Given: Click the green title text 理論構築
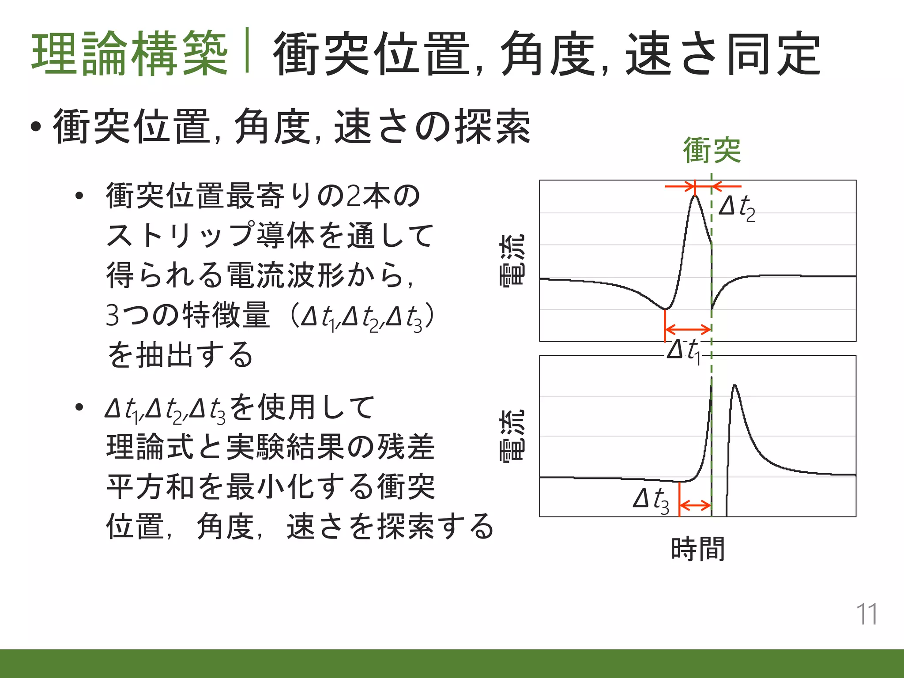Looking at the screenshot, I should pos(130,53).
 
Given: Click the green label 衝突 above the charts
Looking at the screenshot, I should pos(712,151).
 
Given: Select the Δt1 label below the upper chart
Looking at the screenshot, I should pos(683,351).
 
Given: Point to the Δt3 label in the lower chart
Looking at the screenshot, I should pos(651,501).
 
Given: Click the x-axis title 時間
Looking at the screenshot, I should pos(697,549).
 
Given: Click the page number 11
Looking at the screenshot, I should pos(866,614).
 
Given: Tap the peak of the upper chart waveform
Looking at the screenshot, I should pos(695,196).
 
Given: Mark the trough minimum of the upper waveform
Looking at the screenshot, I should pos(665,309).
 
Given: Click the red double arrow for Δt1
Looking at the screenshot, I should pos(688,329).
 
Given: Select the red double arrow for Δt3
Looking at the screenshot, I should pos(695,505).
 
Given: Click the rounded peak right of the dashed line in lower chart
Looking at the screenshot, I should pos(734,386).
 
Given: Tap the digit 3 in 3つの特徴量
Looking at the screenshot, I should pos(113,315).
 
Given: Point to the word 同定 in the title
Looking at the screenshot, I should pos(773,54).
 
